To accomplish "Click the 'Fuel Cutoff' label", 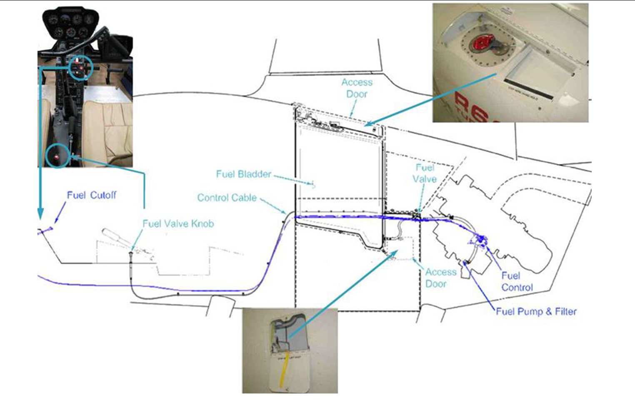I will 91,195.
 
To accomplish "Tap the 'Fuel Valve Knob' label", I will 178,224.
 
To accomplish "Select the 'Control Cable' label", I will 227,198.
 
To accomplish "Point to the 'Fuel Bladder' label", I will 243,174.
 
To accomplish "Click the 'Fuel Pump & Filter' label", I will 536,311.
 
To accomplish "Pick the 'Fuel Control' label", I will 517,282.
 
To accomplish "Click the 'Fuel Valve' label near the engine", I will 425,173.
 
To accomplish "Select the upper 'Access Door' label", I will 357,88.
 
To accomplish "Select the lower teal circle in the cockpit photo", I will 57,156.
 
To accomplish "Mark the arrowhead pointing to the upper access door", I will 368,123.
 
